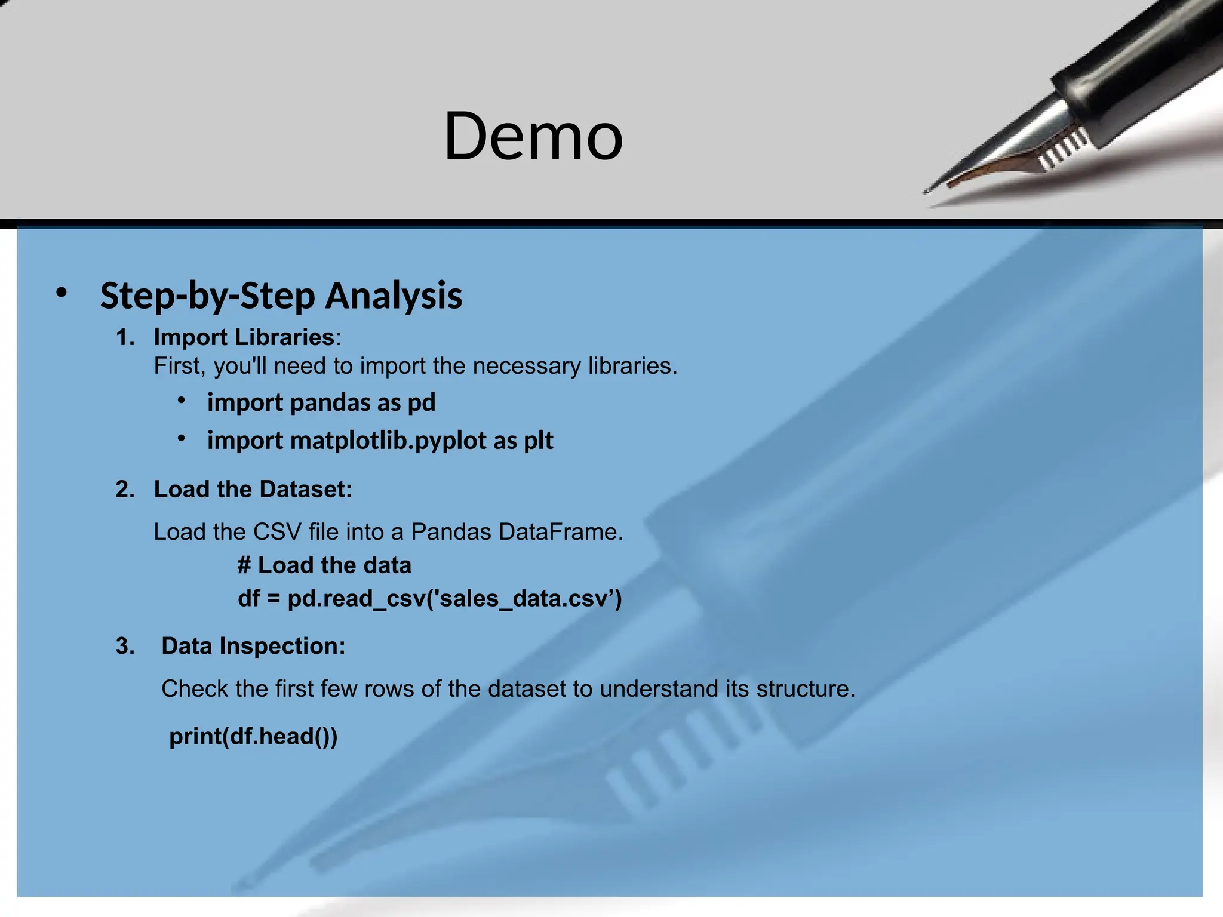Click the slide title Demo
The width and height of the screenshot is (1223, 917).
533,137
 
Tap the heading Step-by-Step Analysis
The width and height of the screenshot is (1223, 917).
281,296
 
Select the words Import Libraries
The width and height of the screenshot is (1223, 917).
244,337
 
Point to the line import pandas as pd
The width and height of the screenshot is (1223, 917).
321,402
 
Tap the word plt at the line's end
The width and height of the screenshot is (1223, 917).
538,441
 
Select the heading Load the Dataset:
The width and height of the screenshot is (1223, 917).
253,490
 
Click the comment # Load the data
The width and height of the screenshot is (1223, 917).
324,565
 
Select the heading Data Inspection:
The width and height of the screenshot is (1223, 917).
253,647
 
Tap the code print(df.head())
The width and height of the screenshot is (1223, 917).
253,737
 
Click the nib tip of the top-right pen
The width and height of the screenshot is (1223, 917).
927,191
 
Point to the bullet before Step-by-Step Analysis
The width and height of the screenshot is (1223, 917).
61,293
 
